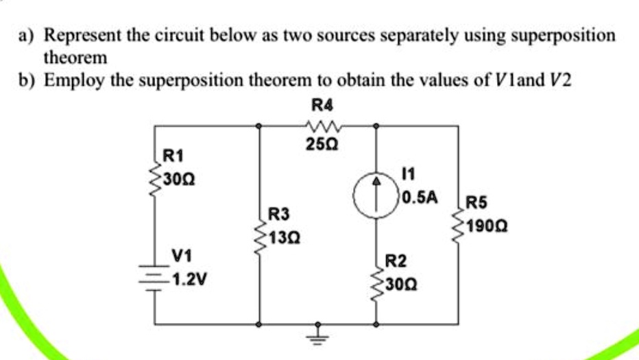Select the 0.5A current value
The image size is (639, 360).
419,197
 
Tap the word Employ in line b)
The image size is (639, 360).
74,80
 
